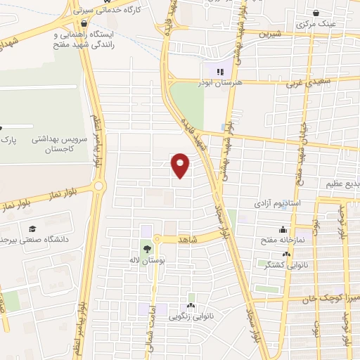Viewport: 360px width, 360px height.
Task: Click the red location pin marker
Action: pos(181,165)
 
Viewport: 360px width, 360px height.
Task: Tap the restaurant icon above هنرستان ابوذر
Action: pos(219,71)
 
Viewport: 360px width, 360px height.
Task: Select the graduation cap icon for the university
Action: pos(32,229)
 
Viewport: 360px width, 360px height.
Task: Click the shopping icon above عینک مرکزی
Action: pos(316,13)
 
